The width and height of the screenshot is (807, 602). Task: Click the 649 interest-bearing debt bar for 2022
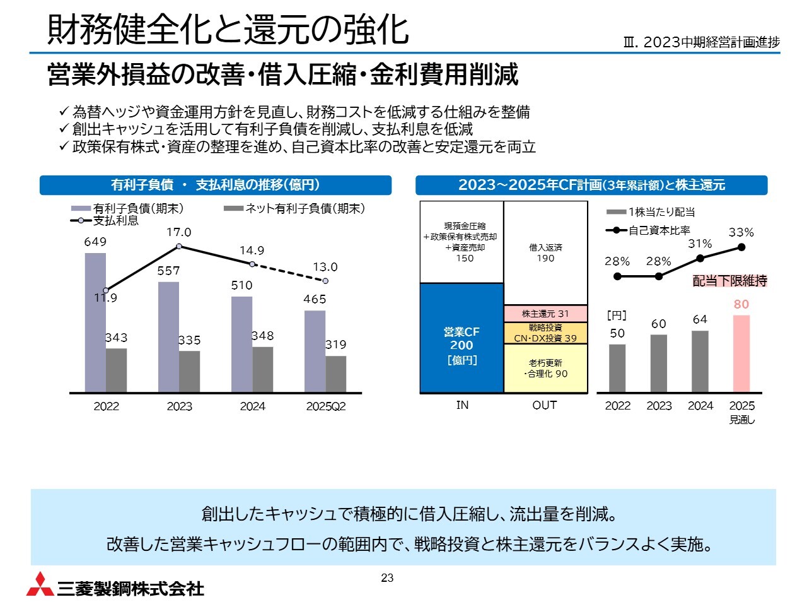click(x=95, y=322)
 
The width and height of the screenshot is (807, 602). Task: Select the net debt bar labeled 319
click(x=335, y=374)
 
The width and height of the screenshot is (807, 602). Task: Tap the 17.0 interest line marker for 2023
click(x=179, y=246)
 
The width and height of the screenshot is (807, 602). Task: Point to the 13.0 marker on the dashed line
click(x=325, y=280)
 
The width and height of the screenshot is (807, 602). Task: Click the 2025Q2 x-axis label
click(x=326, y=406)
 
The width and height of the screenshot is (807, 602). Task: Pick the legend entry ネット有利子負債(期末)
click(x=294, y=209)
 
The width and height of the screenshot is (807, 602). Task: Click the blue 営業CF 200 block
click(x=462, y=338)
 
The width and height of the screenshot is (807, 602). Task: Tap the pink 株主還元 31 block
click(x=545, y=314)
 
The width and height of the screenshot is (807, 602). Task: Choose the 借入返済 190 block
click(x=545, y=252)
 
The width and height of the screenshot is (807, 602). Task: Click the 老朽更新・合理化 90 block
click(x=545, y=369)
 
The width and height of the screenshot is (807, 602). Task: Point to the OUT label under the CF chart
click(x=545, y=405)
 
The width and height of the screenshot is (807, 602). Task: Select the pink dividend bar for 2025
click(x=741, y=353)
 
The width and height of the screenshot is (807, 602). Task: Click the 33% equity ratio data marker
click(x=741, y=247)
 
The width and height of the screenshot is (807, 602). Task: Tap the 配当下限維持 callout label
click(x=729, y=281)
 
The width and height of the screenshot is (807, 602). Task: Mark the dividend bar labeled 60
click(x=659, y=363)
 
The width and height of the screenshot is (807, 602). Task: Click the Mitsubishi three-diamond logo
click(x=40, y=584)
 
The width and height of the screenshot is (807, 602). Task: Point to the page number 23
click(x=387, y=578)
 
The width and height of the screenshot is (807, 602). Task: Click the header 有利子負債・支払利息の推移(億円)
click(x=216, y=185)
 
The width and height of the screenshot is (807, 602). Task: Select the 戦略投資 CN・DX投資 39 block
click(x=545, y=333)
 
